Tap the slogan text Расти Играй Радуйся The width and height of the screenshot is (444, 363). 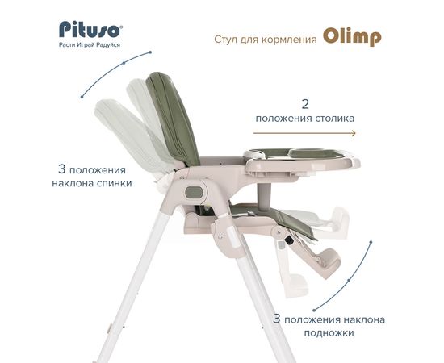point(90,45)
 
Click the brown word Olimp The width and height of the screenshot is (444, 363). point(352,37)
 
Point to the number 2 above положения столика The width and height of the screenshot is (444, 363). point(305,104)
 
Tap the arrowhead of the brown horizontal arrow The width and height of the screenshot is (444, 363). point(354,133)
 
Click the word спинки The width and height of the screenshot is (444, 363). point(115,183)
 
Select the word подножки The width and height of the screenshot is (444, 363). point(329,332)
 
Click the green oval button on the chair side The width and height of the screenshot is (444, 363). point(195,193)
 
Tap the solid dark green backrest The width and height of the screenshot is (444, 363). point(173,119)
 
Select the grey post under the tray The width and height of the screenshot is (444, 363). point(263,196)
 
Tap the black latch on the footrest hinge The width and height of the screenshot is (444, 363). point(289,240)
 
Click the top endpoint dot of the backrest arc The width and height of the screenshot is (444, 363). point(150,52)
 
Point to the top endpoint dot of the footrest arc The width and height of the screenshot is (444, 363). point(371,242)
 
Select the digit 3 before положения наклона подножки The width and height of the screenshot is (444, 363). point(277,319)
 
